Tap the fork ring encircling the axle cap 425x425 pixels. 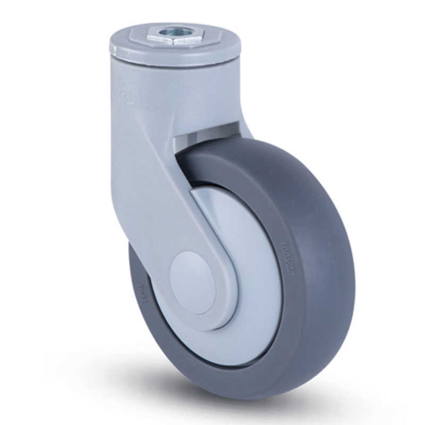(212, 297)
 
